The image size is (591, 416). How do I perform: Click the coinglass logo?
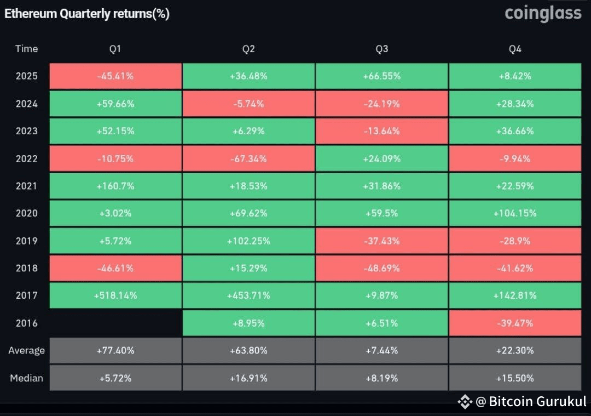click(543, 13)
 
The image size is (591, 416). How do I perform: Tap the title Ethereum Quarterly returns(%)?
click(87, 14)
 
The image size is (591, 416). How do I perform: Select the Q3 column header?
click(381, 49)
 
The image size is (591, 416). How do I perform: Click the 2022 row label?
click(26, 159)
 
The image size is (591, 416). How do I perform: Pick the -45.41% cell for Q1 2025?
click(115, 76)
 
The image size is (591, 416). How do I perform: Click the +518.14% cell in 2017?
click(115, 295)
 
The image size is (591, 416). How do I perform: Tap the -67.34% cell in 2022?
click(248, 159)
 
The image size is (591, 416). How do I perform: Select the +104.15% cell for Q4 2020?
click(515, 213)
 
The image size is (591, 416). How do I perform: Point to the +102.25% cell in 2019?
click(248, 241)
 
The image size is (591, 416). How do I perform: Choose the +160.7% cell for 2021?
click(115, 186)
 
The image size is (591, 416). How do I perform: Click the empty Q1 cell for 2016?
click(115, 323)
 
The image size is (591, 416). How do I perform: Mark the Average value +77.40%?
click(115, 350)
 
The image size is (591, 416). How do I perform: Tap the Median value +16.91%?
click(248, 378)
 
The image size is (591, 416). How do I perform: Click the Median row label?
click(26, 378)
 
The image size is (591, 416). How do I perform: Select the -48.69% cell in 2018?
click(381, 268)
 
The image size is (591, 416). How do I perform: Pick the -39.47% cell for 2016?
click(515, 323)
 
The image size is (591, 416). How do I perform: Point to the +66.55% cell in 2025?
click(381, 76)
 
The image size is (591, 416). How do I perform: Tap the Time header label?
click(26, 49)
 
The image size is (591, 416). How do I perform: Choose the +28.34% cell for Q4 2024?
click(515, 104)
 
